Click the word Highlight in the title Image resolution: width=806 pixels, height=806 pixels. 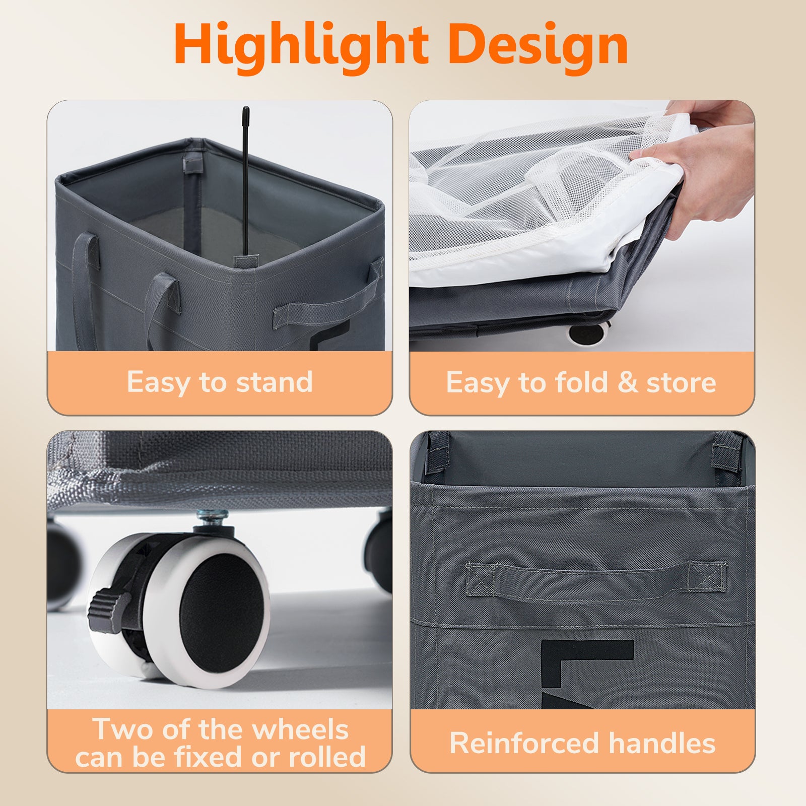coord(301,47)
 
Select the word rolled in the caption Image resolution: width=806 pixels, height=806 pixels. coord(327,757)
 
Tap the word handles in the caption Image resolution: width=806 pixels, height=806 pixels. coord(662,743)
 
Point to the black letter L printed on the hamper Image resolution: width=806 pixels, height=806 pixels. coord(587,663)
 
